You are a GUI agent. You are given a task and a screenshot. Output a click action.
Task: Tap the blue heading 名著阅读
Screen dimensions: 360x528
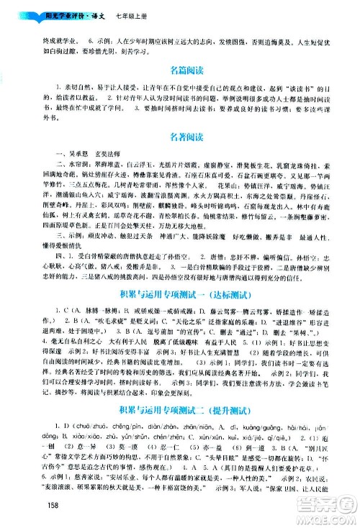(180, 135)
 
